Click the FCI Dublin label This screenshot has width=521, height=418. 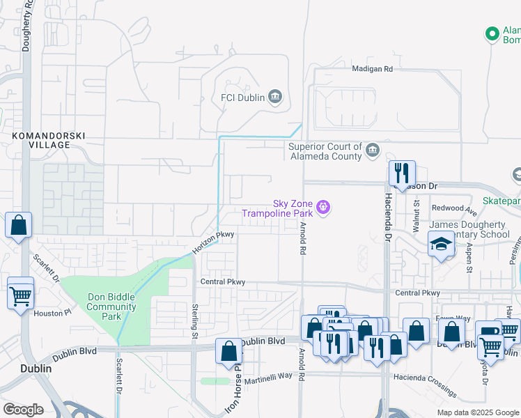pos(242,98)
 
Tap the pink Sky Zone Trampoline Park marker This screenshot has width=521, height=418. pos(322,207)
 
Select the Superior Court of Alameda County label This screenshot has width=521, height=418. pos(326,151)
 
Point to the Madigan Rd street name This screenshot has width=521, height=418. pos(373,69)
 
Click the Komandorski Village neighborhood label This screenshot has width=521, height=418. pos(40,139)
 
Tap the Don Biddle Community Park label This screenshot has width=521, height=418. pos(111,307)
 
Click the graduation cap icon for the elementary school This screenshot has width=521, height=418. pos(440,245)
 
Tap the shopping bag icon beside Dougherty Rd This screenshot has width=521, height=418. pos(19,225)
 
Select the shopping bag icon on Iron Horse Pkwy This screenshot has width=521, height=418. pos(228,351)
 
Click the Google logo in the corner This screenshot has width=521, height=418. pos(23,410)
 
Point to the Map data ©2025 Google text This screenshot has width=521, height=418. pos(477,412)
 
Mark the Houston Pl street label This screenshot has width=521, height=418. pos(52,313)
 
